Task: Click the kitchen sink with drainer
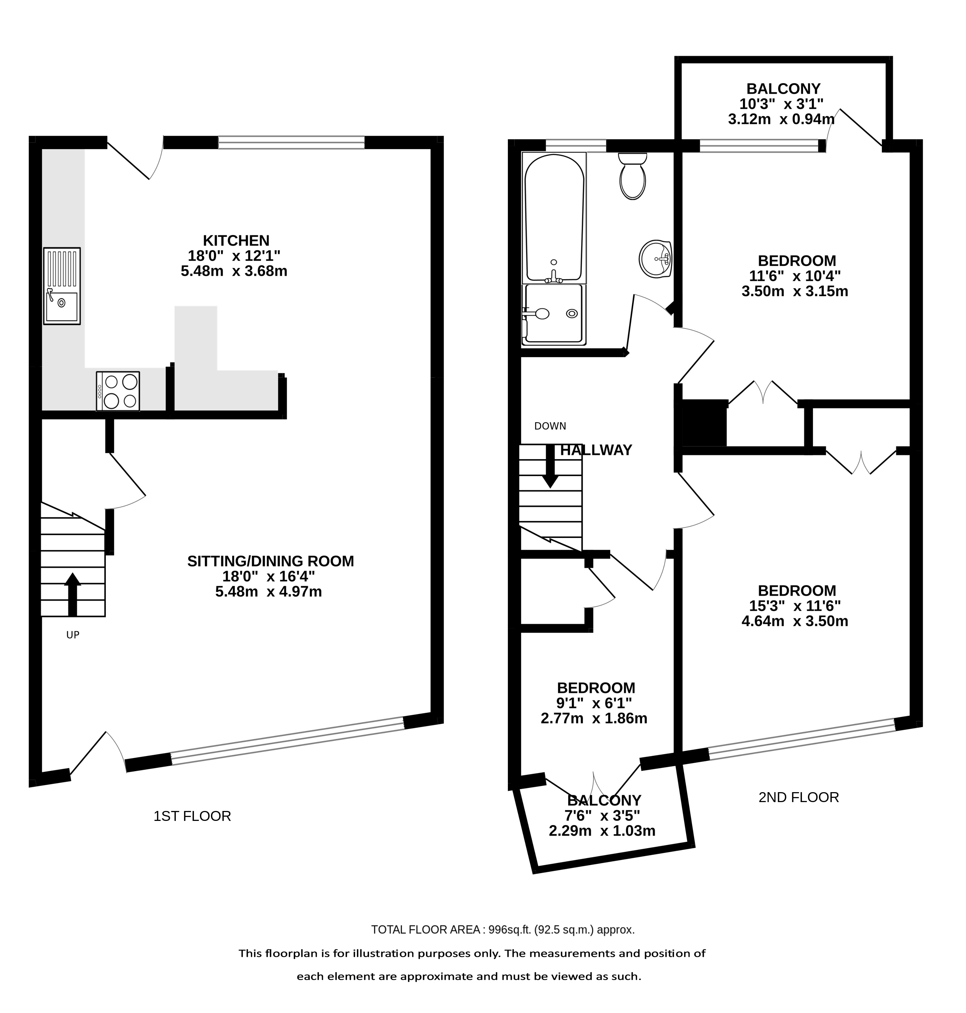pyautogui.click(x=62, y=286)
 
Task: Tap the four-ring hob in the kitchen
pyautogui.click(x=118, y=391)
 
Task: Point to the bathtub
pyautogui.click(x=554, y=218)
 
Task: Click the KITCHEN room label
pyautogui.click(x=236, y=241)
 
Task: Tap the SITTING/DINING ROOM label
pyautogui.click(x=270, y=561)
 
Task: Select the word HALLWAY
pyautogui.click(x=596, y=450)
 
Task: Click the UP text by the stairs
pyautogui.click(x=72, y=635)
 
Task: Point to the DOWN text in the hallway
pyautogui.click(x=550, y=426)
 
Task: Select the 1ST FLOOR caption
pyautogui.click(x=192, y=816)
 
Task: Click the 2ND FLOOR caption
pyautogui.click(x=799, y=797)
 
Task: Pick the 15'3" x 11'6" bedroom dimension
pyautogui.click(x=795, y=606)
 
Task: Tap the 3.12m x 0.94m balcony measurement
pyautogui.click(x=781, y=119)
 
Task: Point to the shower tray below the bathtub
pyautogui.click(x=554, y=315)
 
